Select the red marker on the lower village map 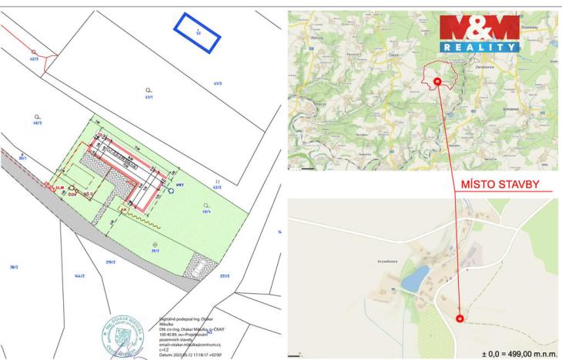pos(460,317)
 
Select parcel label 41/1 pos(149,98)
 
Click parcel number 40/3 pos(37,122)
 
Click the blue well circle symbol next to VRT pos(170,192)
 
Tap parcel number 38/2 pos(13,266)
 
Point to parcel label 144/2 pos(77,275)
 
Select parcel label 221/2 pos(225,275)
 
